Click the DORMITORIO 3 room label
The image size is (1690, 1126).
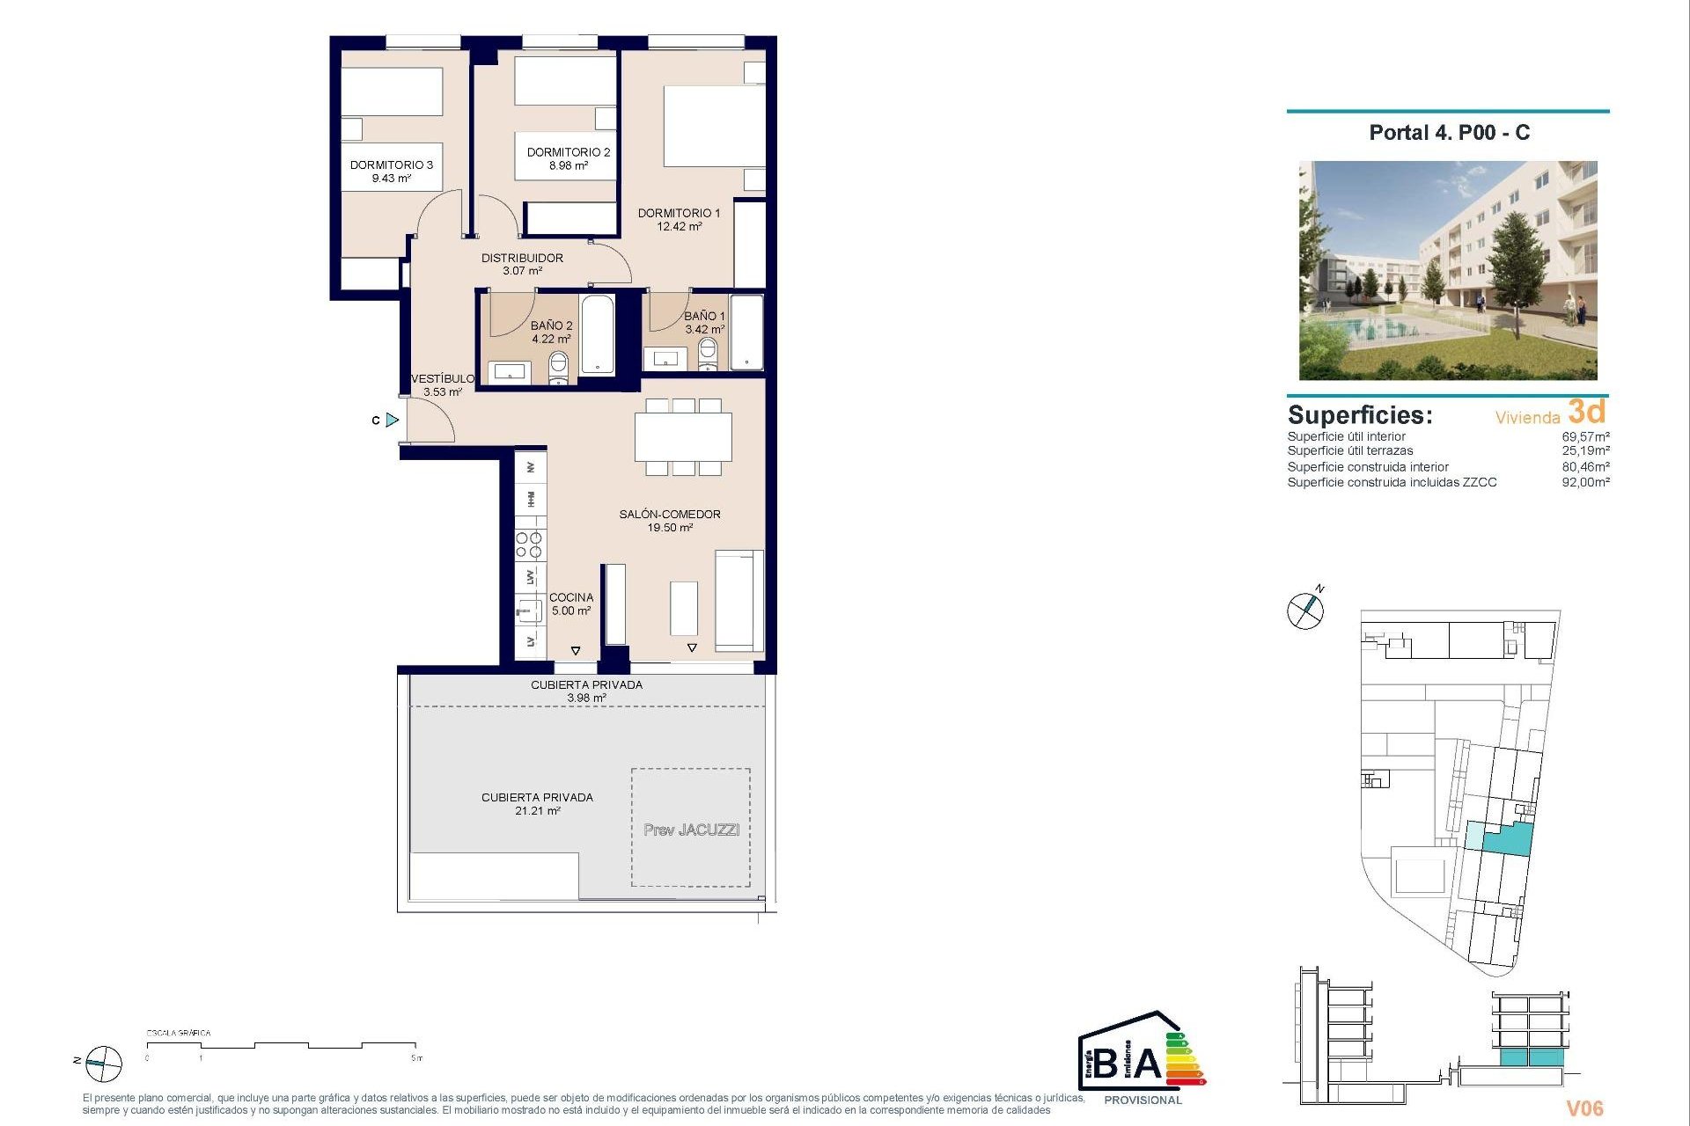[391, 165]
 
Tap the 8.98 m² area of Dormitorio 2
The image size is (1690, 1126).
[568, 165]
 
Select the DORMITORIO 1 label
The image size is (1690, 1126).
[679, 213]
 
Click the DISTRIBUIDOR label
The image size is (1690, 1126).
[522, 258]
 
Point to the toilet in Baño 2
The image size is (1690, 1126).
[558, 366]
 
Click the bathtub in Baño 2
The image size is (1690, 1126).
[598, 335]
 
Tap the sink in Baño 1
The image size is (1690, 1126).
[665, 358]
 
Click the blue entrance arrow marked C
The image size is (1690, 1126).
[392, 420]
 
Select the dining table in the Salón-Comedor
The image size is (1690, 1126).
[683, 436]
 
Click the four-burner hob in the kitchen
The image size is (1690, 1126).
[529, 545]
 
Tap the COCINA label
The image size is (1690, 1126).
[571, 597]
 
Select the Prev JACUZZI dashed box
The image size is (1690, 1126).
[691, 828]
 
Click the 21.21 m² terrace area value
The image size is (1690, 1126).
[538, 811]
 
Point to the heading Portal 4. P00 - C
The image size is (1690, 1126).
[1449, 133]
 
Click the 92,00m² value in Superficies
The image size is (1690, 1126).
[1585, 482]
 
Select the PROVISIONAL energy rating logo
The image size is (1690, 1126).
[1142, 1058]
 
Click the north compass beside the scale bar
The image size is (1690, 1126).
[104, 1064]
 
